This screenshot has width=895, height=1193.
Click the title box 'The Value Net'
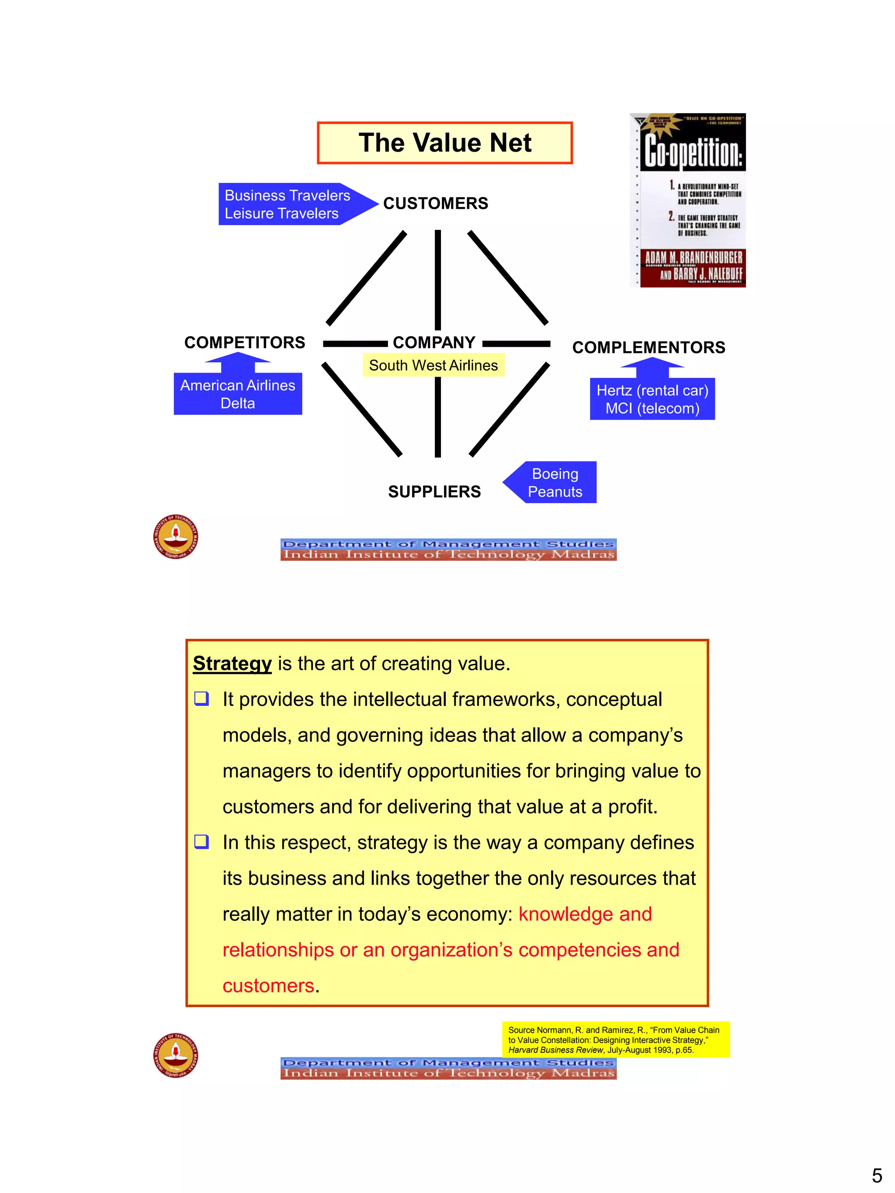[x=444, y=143]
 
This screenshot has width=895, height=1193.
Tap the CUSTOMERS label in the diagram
[x=435, y=203]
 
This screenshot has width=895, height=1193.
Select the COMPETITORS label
[x=244, y=342]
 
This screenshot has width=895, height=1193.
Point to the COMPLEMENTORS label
[x=649, y=347]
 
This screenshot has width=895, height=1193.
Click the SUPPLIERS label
[x=434, y=492]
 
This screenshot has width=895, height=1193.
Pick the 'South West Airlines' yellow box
[x=433, y=365]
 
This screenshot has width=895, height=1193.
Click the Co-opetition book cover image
[x=688, y=200]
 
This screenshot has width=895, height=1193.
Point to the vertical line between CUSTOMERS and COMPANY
[x=437, y=280]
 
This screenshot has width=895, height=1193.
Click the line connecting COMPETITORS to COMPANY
[x=355, y=343]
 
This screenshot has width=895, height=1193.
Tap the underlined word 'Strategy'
[x=232, y=664]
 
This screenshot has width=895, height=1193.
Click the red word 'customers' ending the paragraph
[x=268, y=986]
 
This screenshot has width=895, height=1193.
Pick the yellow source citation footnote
[x=615, y=1039]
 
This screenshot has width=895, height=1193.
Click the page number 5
[x=877, y=1175]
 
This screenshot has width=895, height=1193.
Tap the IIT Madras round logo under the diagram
[x=175, y=536]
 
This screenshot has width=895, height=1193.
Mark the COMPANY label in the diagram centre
[x=434, y=342]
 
